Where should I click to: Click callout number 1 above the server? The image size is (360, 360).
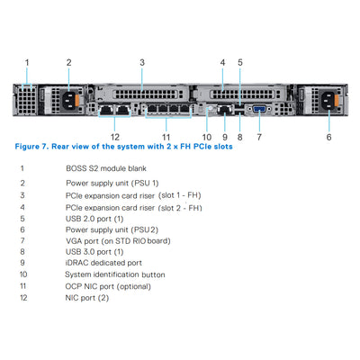(27, 62)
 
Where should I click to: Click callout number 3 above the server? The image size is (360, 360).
(142, 62)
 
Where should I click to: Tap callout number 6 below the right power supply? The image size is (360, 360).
(329, 137)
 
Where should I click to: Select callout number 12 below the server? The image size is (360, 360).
(114, 137)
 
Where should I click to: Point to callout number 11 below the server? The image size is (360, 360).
(166, 137)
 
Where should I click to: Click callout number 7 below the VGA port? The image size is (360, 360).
(259, 137)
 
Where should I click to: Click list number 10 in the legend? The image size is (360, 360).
(23, 274)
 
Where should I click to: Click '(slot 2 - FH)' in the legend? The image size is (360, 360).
(180, 207)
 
